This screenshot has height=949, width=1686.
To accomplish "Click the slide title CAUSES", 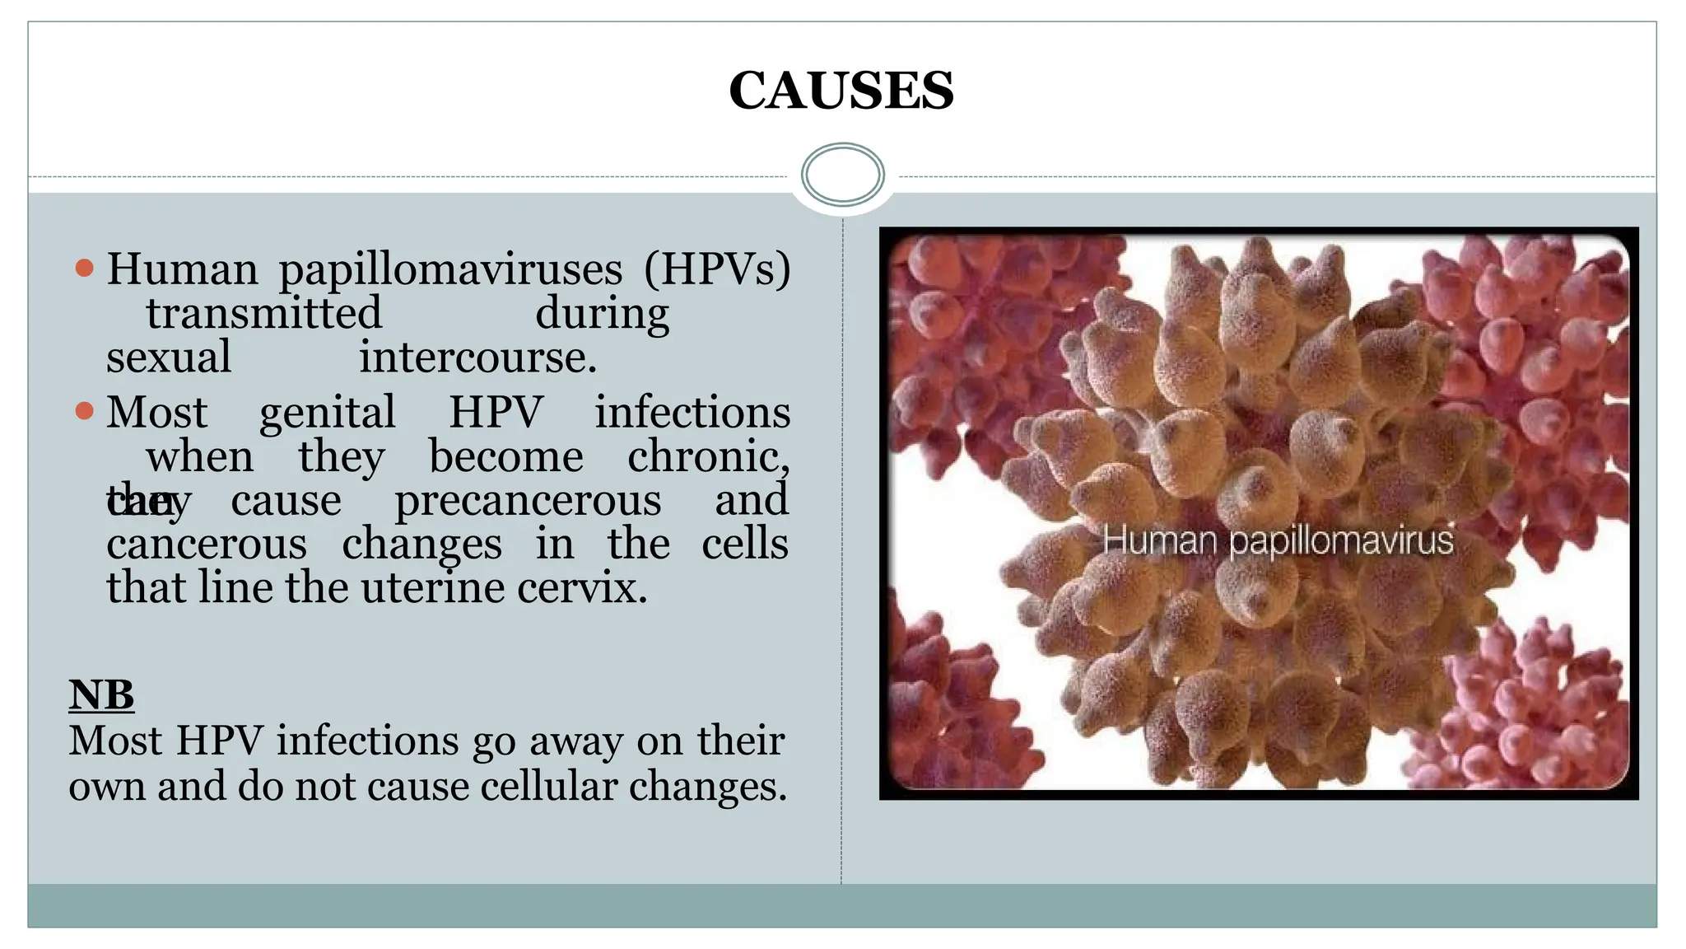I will [x=841, y=91].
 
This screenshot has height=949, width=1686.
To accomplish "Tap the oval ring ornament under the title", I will [x=842, y=175].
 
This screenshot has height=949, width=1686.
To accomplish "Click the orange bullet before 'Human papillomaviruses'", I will [x=84, y=268].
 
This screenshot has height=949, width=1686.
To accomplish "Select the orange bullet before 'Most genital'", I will [x=84, y=410].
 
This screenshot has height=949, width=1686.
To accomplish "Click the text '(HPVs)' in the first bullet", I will [x=716, y=270].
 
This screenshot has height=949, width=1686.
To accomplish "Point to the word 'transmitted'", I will [x=263, y=314].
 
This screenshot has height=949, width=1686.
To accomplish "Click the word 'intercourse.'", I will [x=477, y=358].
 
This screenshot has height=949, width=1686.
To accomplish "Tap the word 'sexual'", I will [x=169, y=358].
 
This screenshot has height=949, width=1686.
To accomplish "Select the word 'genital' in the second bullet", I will [x=327, y=413].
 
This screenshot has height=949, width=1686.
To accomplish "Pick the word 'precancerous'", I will [x=528, y=501].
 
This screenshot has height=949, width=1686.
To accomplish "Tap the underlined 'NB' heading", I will [x=101, y=694].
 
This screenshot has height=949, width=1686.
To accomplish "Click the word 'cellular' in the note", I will [x=548, y=786].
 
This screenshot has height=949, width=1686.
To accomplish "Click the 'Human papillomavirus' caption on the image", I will [x=1278, y=541].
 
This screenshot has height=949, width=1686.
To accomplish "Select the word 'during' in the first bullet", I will [x=602, y=314].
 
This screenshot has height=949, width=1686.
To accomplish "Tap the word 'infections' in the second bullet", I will [x=692, y=413].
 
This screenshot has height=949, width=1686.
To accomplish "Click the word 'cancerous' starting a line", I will [x=207, y=545].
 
